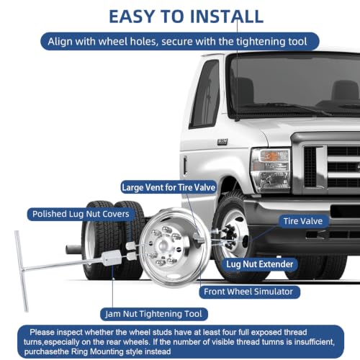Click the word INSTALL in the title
(227, 17)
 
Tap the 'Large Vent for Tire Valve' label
(168, 187)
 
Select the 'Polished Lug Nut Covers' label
(81, 214)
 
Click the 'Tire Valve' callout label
(303, 221)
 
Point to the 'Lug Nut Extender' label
(260, 264)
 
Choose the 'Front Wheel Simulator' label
(248, 292)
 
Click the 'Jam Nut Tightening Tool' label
(154, 314)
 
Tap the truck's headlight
(270, 170)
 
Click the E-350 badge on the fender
(222, 142)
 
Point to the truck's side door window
(205, 94)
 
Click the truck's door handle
(185, 166)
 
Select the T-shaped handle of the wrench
(22, 271)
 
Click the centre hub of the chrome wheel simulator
(163, 246)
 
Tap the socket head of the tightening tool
(111, 258)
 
